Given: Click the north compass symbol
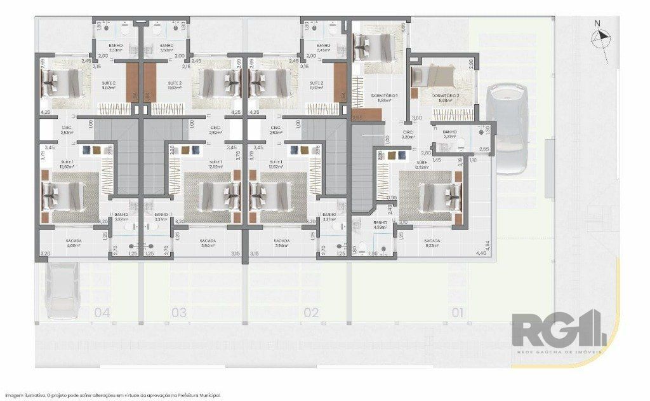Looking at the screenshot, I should [599, 39].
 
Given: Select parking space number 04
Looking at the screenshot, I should [102, 313].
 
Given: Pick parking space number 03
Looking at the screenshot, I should [179, 313].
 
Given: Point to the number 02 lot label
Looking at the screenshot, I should [311, 313].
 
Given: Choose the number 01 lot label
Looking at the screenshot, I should [457, 313].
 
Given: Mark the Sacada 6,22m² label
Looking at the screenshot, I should [432, 243].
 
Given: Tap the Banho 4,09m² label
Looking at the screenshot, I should [381, 224].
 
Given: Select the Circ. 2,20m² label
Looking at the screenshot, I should [408, 135].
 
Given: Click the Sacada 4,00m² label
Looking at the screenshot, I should [74, 243].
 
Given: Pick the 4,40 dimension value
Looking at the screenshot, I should [482, 254].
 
